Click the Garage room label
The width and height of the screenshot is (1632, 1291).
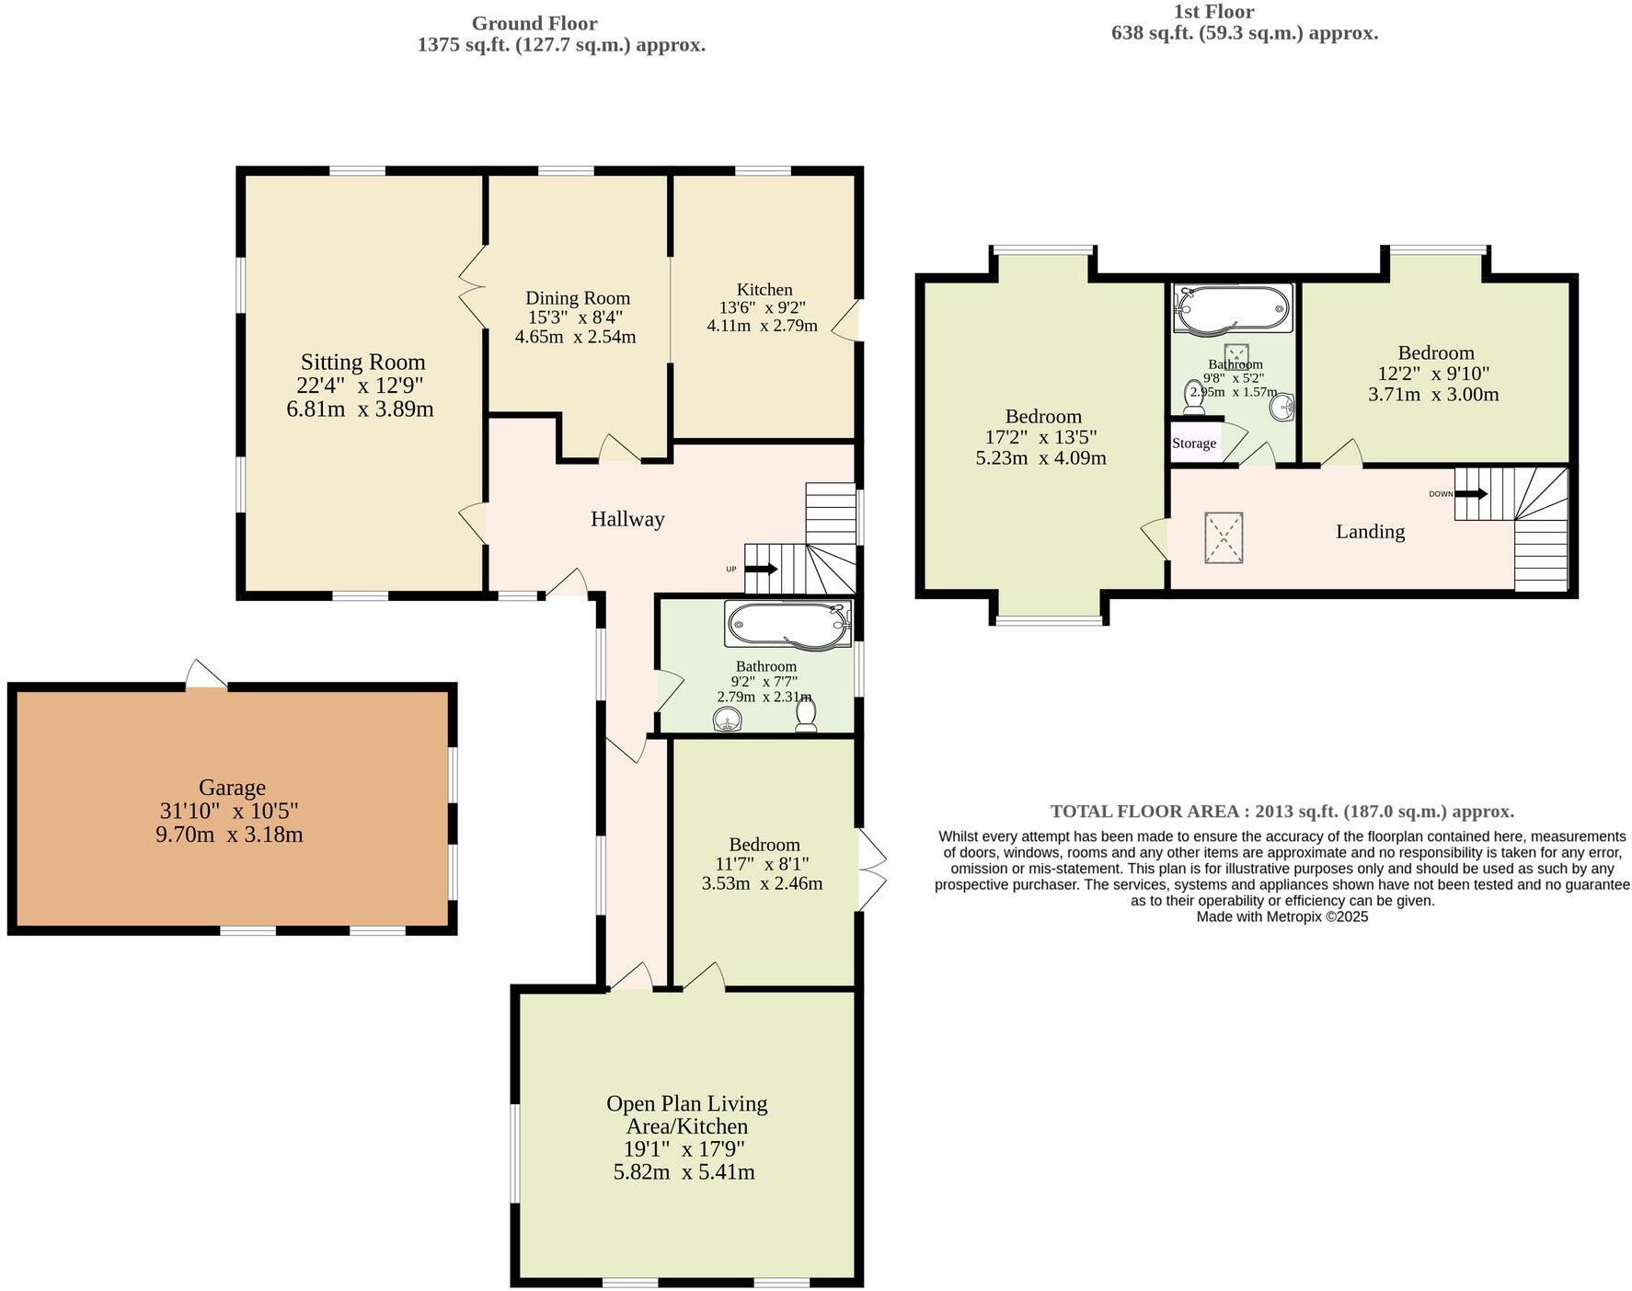(232, 788)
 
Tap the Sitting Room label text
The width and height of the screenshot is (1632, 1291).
(362, 362)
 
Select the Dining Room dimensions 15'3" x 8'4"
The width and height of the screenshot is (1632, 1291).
(576, 317)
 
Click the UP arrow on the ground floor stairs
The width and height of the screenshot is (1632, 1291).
(760, 569)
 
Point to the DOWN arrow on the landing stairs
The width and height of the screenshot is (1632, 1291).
(1470, 494)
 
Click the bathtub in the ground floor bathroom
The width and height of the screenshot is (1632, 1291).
(787, 626)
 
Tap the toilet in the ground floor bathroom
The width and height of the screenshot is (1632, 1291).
(807, 715)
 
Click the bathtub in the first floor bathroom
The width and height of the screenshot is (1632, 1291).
(1233, 307)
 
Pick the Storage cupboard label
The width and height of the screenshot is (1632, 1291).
(1194, 444)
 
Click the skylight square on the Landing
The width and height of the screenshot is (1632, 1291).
(1224, 537)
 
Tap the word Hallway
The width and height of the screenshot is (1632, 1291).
(627, 519)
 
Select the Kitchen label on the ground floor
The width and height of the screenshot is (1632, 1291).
(764, 289)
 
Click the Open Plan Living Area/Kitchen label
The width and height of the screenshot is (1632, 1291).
(686, 1114)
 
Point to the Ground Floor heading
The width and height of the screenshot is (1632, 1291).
(534, 23)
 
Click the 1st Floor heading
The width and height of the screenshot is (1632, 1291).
(1213, 12)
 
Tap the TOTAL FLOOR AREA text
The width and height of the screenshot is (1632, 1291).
(1281, 812)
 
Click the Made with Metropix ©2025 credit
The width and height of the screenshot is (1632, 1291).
(1281, 916)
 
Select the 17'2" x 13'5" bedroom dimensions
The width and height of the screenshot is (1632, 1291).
(1041, 437)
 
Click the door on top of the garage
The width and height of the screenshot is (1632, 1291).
(205, 674)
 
